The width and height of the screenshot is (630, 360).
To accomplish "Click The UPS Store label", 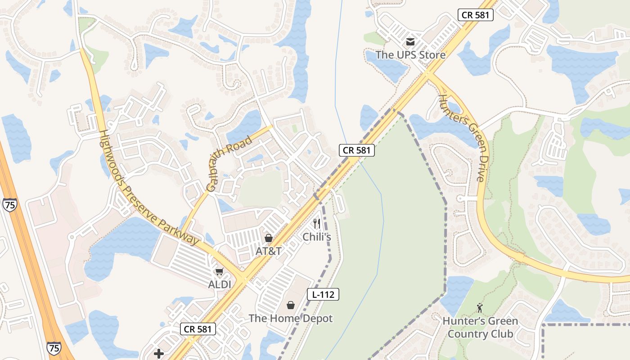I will (x=410, y=55).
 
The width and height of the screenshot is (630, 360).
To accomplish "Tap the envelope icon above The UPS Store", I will (x=410, y=42).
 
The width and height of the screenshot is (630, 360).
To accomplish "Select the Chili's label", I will (x=317, y=237).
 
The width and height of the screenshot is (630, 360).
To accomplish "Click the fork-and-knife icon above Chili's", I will (x=317, y=223).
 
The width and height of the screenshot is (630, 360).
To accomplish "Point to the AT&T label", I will (x=269, y=251).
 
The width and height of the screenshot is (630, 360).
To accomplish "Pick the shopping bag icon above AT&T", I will (x=269, y=238).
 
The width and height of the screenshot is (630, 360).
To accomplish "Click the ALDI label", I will (x=219, y=284).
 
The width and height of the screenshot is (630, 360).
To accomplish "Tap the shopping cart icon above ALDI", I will (x=219, y=271).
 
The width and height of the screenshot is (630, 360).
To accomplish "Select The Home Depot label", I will (x=291, y=319).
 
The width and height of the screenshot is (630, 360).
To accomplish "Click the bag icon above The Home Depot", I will (x=291, y=305).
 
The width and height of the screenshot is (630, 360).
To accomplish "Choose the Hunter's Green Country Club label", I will (x=480, y=328).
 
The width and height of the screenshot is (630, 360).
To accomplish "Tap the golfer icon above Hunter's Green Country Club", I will (x=480, y=308).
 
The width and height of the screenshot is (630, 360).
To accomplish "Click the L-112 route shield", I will (x=323, y=295).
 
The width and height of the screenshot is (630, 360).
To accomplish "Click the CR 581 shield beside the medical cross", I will (x=198, y=329).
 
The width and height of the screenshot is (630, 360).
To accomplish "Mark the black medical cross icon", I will (x=159, y=354).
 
